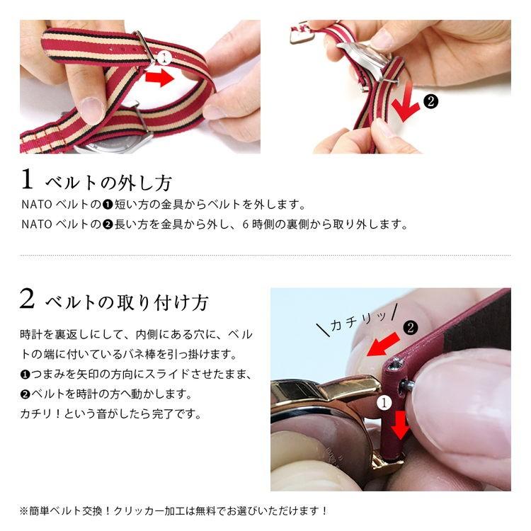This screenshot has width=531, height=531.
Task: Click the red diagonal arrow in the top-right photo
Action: pos(406,105)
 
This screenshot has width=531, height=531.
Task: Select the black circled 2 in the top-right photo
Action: pos(430,101)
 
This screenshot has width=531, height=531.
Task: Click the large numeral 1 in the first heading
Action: pos(28,179)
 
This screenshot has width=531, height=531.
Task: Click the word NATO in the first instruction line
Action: pos(35,205)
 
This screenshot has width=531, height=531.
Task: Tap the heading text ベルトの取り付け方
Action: pos(127,302)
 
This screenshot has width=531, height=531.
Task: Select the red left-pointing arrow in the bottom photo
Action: pos(379,345)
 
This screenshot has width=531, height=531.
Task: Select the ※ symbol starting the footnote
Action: pos(24,510)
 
